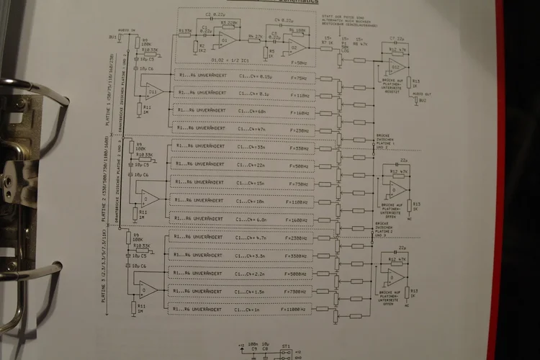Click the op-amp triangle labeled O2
[294, 48]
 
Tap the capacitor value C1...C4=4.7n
[253, 238]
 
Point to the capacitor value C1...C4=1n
[251, 310]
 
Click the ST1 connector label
[286, 346]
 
